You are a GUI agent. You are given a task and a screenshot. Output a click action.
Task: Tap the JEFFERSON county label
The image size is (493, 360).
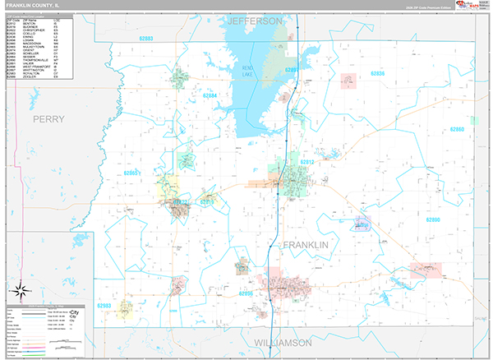tap(255, 20)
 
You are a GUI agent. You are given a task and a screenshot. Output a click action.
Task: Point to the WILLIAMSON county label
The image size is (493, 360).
tap(283, 341)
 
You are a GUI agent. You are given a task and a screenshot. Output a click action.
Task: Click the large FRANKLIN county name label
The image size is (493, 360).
tap(306, 246)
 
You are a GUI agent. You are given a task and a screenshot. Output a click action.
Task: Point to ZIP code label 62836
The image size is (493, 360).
tap(377, 74)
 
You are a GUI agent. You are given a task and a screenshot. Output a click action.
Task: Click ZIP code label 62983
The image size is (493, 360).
tap(104, 305)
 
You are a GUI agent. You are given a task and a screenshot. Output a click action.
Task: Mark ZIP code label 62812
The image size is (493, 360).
tap(307, 162)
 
